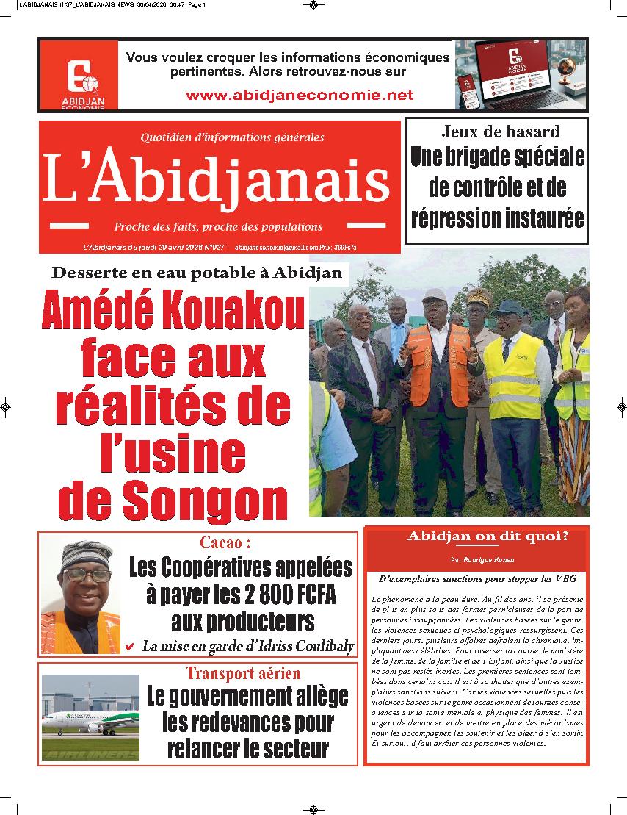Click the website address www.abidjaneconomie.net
coord(300,95)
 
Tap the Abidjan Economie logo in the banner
coord(79,75)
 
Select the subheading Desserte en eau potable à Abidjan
coord(197,273)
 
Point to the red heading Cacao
coord(225,543)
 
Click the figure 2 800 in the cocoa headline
coord(250,595)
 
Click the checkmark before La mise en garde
coord(130,647)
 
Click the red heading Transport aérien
coord(242,673)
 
